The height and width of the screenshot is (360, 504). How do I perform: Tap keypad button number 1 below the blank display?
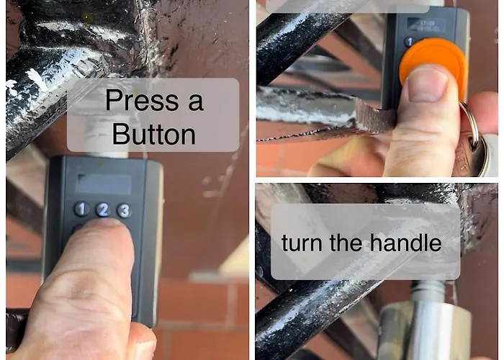(x=81, y=209)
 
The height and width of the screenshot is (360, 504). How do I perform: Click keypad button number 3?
(x=124, y=210)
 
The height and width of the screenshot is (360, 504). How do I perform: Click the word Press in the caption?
(x=142, y=100)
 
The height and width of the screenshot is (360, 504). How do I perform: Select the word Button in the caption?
(x=154, y=134)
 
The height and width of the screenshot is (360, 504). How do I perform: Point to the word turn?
(x=302, y=243)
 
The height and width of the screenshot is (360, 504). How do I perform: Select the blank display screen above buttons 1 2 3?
(x=104, y=184)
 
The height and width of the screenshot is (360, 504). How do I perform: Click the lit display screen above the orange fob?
(x=426, y=25)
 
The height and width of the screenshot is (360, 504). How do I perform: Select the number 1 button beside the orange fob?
(x=409, y=42)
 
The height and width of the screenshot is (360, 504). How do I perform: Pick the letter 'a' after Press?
(x=196, y=103)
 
